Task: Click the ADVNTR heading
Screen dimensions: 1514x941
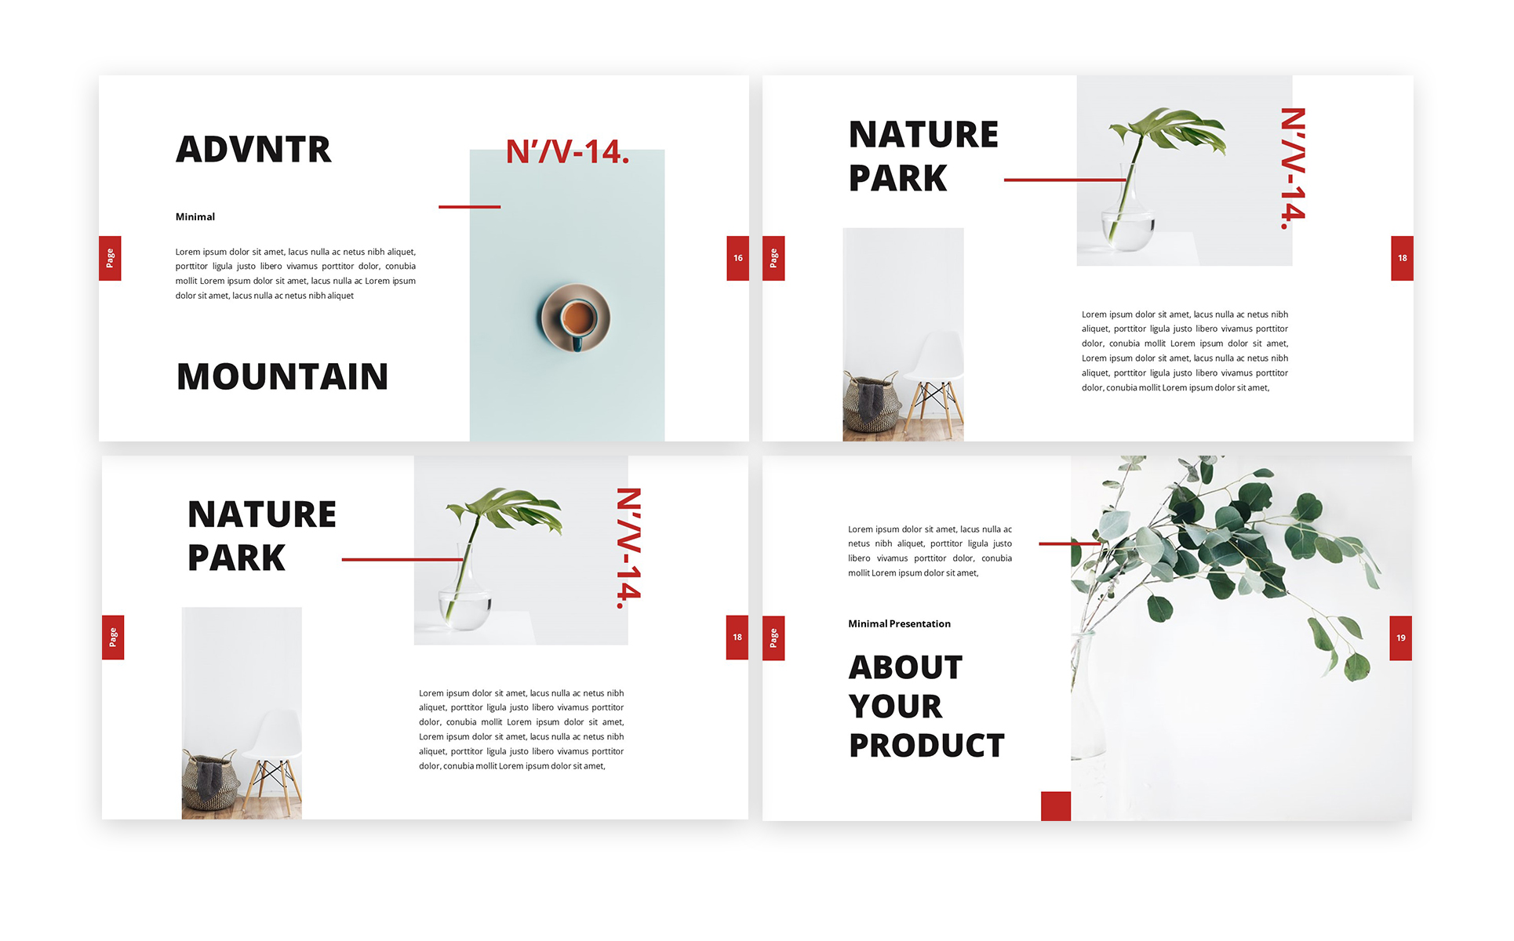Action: click(x=253, y=149)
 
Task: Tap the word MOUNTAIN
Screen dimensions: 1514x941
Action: click(x=282, y=376)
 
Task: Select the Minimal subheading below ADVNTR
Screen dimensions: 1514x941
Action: click(x=195, y=216)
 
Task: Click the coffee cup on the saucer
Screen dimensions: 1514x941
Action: click(x=579, y=318)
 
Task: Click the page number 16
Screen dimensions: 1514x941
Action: click(x=738, y=258)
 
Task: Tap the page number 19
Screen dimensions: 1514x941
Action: click(x=1401, y=638)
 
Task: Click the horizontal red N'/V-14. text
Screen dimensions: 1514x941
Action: click(x=568, y=151)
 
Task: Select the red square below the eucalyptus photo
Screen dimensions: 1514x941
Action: click(x=1056, y=806)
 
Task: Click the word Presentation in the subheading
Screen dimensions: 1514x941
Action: click(x=920, y=624)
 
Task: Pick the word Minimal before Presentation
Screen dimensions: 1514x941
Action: click(x=868, y=624)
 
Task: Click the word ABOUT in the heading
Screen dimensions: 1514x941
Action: click(x=906, y=667)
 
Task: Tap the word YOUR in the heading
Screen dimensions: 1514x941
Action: click(x=896, y=707)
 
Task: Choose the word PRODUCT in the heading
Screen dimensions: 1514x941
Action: click(x=926, y=745)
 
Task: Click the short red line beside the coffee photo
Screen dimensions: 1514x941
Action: click(x=470, y=207)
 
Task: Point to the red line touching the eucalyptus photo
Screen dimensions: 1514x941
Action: click(x=1070, y=543)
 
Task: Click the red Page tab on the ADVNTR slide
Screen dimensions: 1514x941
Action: click(x=110, y=258)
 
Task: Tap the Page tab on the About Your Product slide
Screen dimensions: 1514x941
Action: click(x=773, y=638)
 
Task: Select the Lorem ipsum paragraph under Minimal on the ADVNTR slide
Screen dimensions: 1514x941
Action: click(x=296, y=274)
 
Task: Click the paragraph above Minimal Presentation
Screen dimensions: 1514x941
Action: click(x=930, y=551)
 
